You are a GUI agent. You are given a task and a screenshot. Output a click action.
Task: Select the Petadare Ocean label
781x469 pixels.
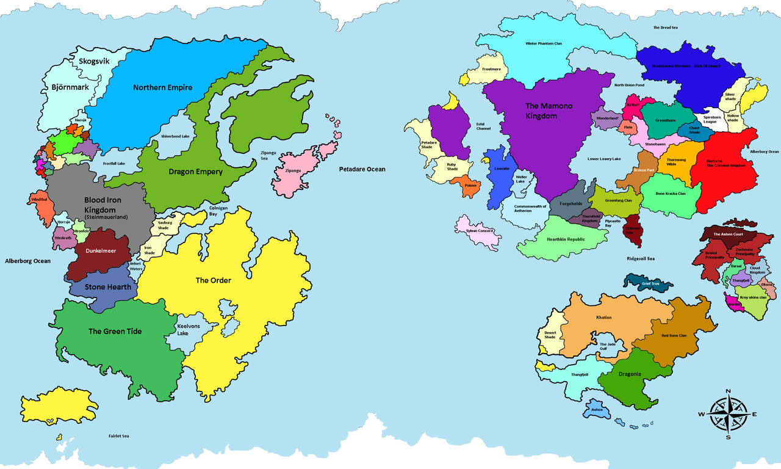[x=362, y=169]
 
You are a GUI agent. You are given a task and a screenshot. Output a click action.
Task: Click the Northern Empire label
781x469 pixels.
[x=162, y=87]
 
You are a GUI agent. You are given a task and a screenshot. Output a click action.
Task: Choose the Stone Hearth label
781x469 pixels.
[x=108, y=287]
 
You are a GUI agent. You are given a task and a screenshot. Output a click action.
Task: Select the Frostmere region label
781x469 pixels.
[x=491, y=70]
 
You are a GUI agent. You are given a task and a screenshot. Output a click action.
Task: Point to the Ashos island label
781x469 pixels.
[x=597, y=410]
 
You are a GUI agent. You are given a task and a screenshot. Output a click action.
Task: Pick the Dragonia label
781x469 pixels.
[x=630, y=374]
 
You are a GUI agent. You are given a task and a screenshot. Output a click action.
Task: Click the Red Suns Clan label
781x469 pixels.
[x=674, y=335]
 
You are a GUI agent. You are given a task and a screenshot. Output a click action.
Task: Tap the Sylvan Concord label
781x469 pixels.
[x=480, y=231]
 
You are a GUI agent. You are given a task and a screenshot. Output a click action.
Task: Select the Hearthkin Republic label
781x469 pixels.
[x=566, y=239]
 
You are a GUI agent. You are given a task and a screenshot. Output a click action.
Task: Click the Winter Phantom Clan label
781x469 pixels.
[x=544, y=43]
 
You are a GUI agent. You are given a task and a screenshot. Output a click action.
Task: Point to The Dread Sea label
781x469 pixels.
[x=665, y=27]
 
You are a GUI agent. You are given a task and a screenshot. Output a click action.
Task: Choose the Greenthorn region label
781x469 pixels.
[x=665, y=120]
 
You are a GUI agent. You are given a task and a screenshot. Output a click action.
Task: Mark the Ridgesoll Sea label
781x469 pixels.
[x=640, y=258]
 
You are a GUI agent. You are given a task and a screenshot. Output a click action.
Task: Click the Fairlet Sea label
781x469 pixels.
[x=118, y=436]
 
